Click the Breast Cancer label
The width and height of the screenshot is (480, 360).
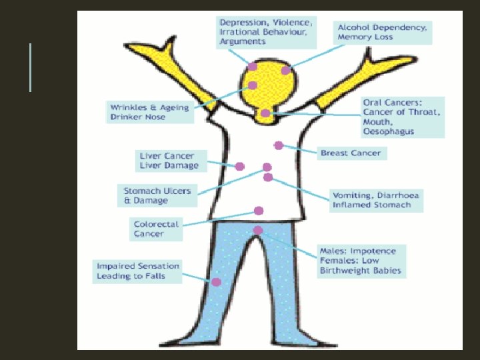click(351, 153)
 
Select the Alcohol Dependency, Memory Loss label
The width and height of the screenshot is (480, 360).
click(383, 32)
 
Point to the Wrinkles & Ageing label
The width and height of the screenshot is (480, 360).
click(150, 112)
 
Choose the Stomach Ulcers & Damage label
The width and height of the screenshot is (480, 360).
click(157, 195)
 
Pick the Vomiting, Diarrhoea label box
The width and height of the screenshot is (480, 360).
click(377, 200)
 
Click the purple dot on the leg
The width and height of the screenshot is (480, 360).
click(216, 282)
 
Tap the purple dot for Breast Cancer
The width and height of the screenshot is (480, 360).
click(279, 145)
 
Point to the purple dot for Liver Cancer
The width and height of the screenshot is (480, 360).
click(240, 166)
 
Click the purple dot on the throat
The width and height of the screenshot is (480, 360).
click(265, 113)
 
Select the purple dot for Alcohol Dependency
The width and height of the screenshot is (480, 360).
click(285, 71)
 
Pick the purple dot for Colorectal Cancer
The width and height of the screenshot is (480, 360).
click(259, 211)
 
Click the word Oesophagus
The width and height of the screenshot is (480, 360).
click(389, 131)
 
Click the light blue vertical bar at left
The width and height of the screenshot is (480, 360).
click(30, 67)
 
